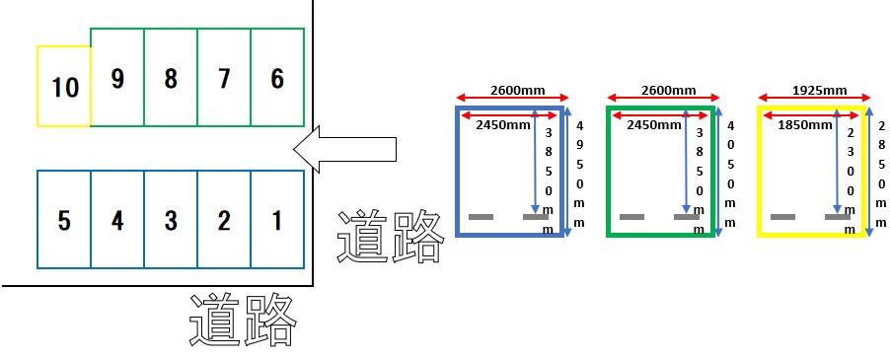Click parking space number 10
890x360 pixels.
click(64, 87)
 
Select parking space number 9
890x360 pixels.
click(117, 78)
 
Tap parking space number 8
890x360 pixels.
click(171, 78)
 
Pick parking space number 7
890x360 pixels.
click(224, 78)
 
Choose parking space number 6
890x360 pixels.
click(277, 78)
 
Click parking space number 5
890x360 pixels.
click(64, 220)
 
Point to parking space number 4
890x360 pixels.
click(117, 220)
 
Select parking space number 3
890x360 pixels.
click(171, 220)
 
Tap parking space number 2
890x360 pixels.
click(224, 220)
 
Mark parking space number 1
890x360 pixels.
click(277, 220)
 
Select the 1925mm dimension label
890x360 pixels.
click(818, 90)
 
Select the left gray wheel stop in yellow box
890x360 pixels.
click(783, 216)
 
